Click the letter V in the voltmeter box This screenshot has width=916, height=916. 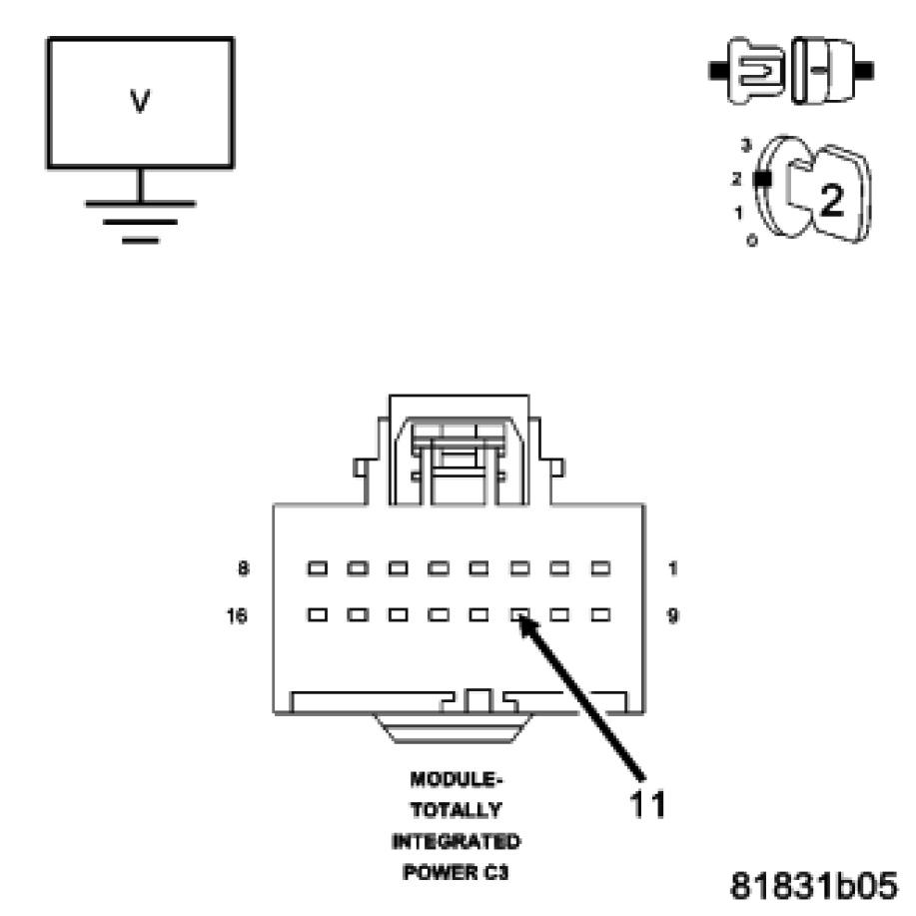[140, 103]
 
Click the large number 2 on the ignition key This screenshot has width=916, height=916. [831, 201]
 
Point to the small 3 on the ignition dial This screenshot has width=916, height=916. [744, 146]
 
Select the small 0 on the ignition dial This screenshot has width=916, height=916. [751, 241]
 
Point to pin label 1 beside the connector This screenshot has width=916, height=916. [673, 568]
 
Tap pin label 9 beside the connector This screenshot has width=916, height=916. [673, 615]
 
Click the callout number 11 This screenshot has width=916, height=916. [647, 802]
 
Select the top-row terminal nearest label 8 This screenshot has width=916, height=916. [318, 568]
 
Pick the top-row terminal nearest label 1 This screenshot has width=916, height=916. [599, 568]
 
